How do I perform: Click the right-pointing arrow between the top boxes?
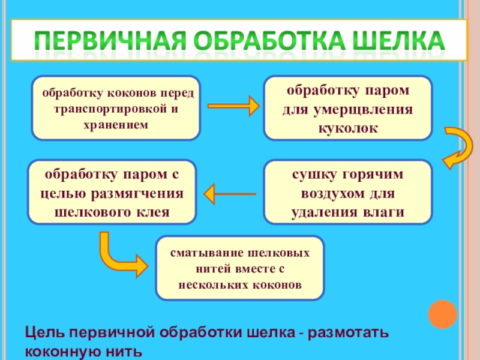pyautogui.click(x=233, y=107)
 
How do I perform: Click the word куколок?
pyautogui.click(x=348, y=128)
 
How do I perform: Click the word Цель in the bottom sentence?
pyautogui.click(x=43, y=332)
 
